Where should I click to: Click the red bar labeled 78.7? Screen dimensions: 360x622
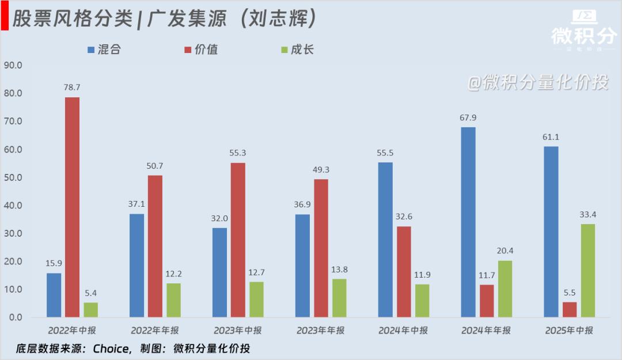(x=72, y=207)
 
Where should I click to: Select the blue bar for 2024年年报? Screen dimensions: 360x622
(x=468, y=222)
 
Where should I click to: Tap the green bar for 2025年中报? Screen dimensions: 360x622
(x=588, y=270)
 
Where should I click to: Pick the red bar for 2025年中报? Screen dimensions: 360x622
(x=570, y=309)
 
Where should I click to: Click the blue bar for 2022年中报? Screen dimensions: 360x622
(x=54, y=295)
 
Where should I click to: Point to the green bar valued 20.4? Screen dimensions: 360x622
(x=505, y=289)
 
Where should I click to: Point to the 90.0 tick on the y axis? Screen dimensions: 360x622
(x=12, y=65)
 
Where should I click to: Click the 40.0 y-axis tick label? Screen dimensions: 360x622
(x=12, y=206)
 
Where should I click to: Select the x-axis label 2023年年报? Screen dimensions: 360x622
(x=321, y=331)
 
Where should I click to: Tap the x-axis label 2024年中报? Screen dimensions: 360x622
(x=403, y=331)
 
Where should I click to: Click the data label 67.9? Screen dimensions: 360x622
(x=468, y=118)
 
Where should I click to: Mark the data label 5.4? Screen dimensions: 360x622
(x=90, y=293)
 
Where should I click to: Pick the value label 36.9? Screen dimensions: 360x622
(x=302, y=205)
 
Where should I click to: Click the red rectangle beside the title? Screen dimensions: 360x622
(x=4, y=19)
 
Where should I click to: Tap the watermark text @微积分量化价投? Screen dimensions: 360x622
(x=537, y=83)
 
